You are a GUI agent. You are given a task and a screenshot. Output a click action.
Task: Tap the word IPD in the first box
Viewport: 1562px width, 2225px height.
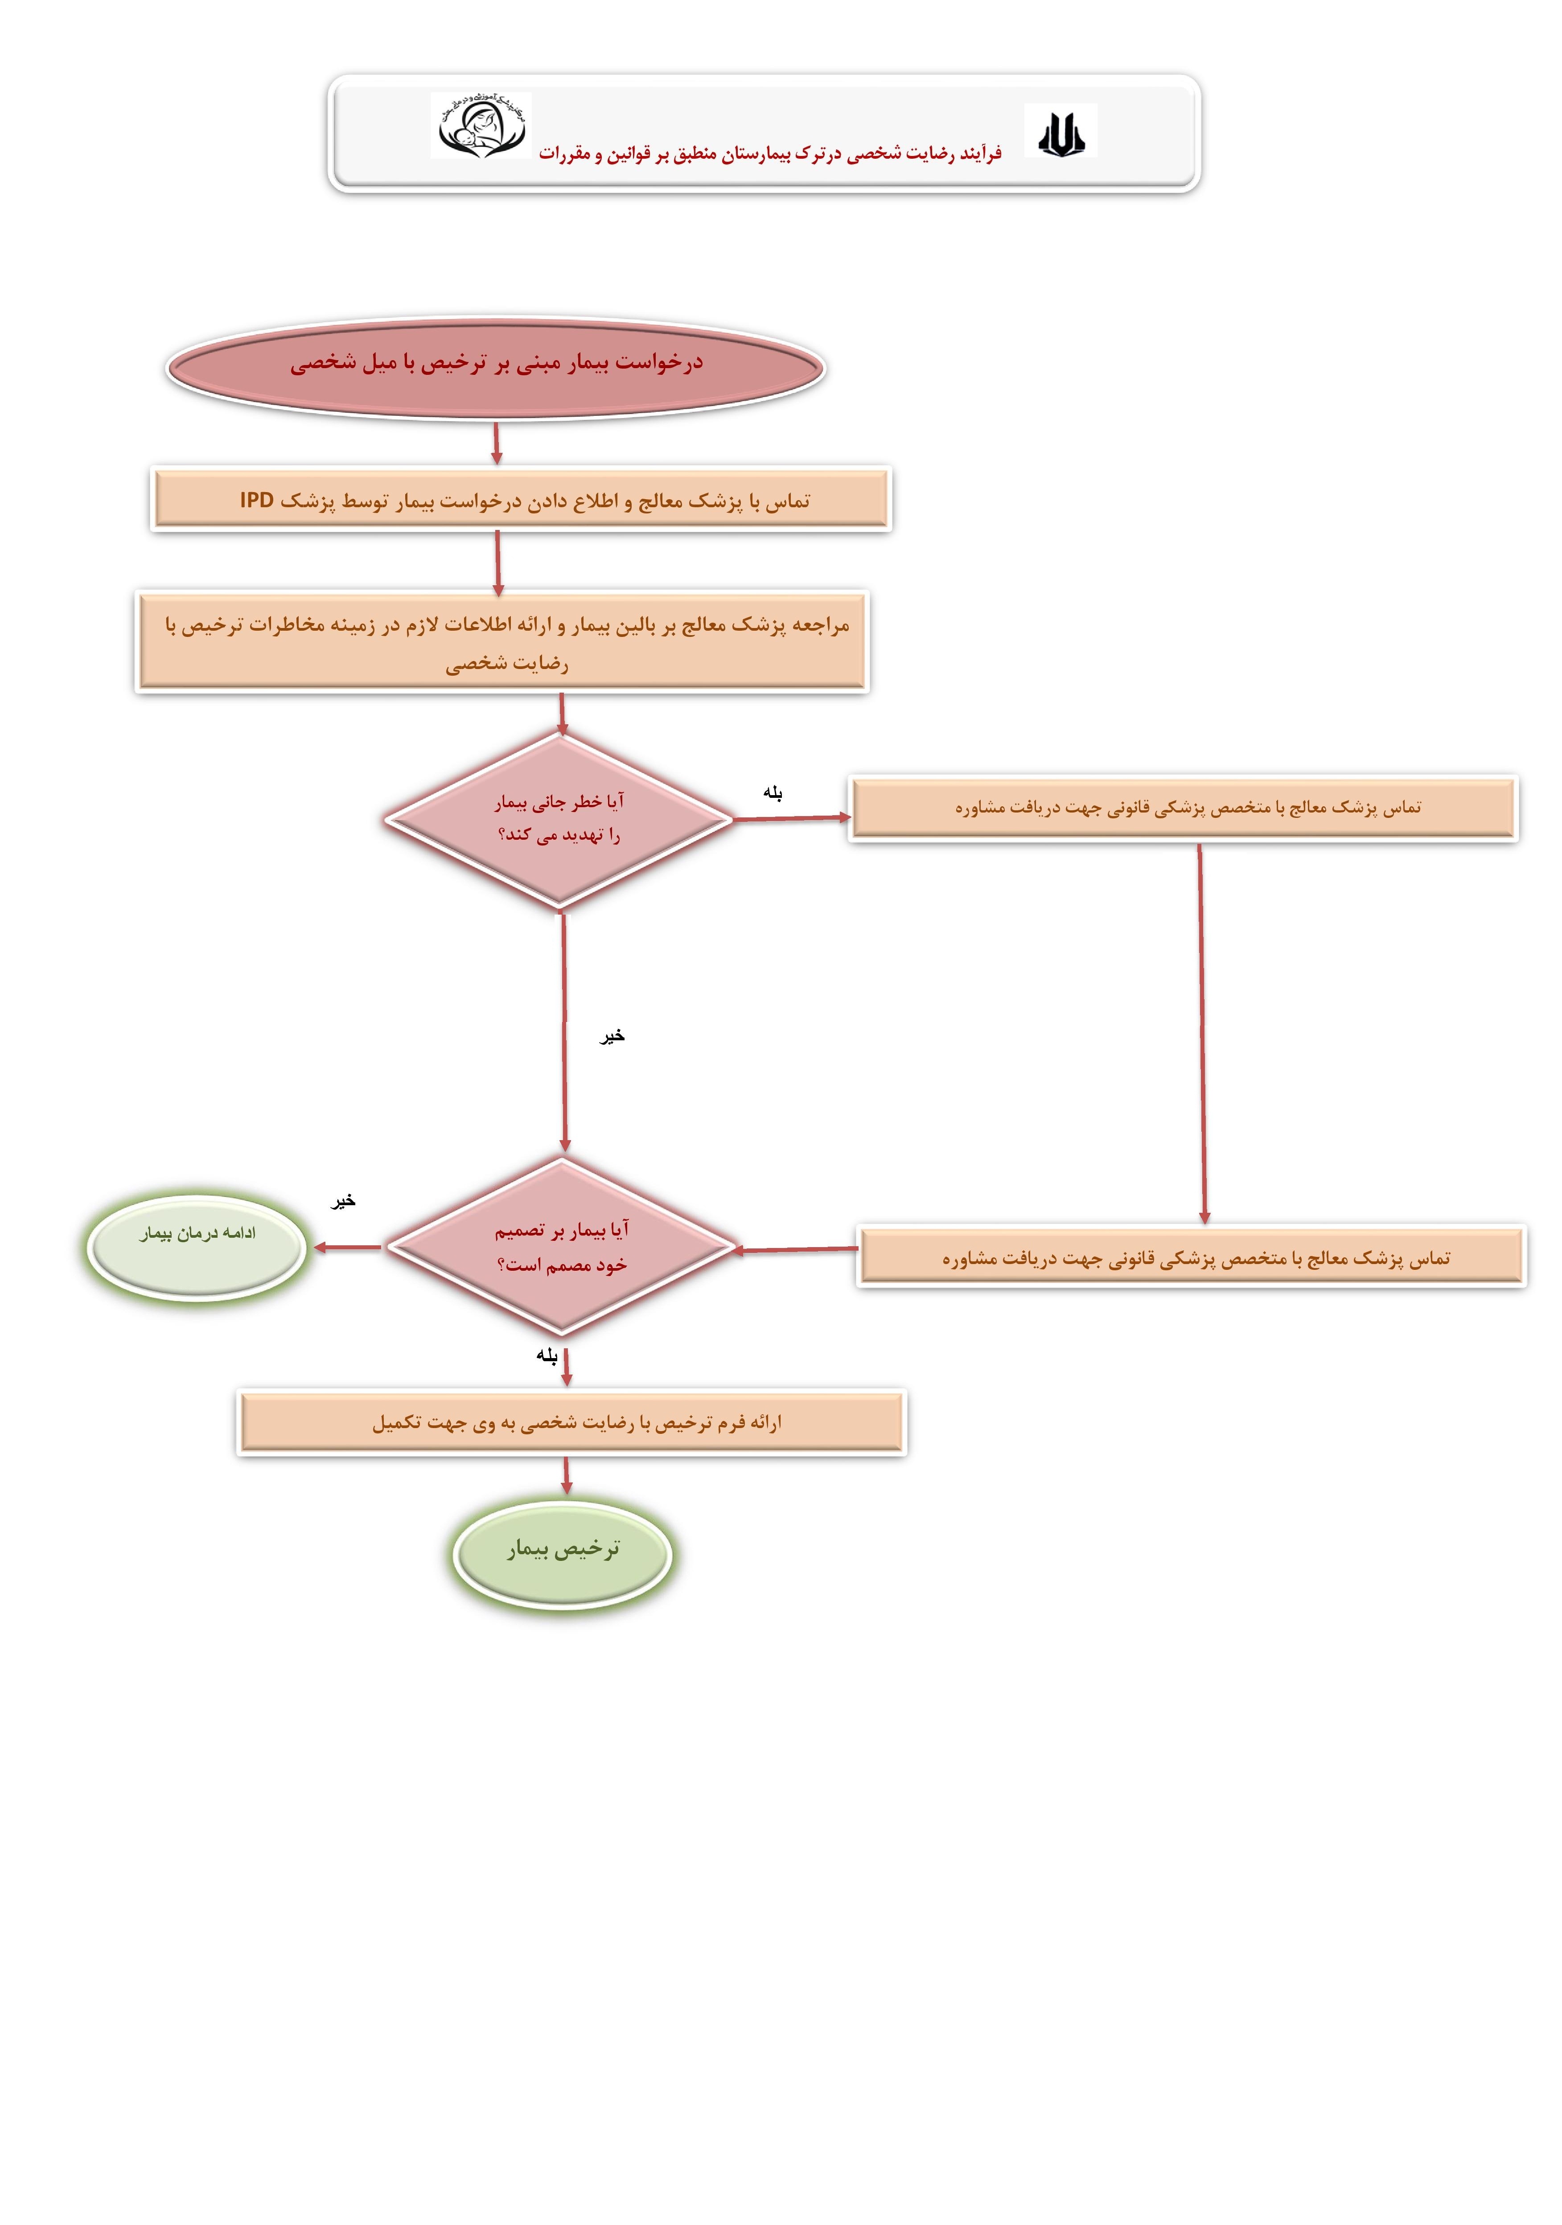[x=257, y=500]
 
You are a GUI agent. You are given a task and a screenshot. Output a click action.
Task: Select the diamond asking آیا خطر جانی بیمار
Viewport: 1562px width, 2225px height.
[x=559, y=819]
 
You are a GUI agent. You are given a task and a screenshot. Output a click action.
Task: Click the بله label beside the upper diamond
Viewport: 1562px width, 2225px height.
[x=772, y=793]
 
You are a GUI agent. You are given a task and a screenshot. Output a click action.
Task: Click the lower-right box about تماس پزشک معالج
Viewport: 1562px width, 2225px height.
[x=1192, y=1257]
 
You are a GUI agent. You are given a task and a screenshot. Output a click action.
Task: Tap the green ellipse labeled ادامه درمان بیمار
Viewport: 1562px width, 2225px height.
[x=197, y=1246]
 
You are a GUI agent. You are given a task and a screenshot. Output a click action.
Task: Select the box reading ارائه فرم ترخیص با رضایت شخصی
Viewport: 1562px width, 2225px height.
[x=571, y=1422]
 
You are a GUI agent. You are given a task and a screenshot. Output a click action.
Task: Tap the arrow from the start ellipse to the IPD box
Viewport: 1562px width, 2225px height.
[x=496, y=443]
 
